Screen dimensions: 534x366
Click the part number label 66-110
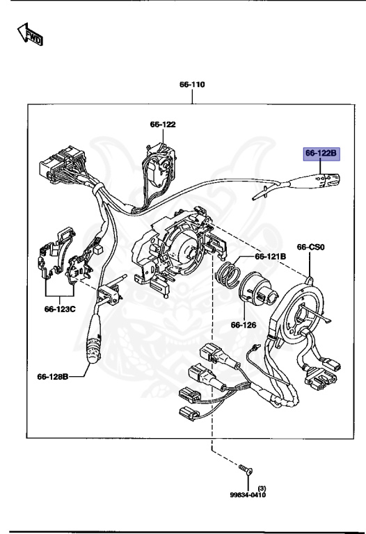click(191, 85)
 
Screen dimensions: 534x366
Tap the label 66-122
click(162, 124)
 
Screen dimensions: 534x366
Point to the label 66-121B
click(270, 256)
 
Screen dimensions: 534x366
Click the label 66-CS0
click(311, 247)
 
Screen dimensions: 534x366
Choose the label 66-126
click(244, 325)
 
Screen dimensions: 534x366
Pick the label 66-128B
click(53, 377)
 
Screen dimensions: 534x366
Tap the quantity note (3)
click(261, 487)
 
